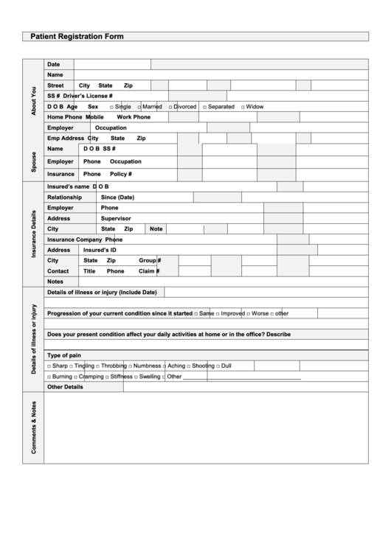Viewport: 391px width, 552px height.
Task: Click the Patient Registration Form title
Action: click(x=77, y=36)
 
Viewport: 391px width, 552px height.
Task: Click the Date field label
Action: click(x=54, y=64)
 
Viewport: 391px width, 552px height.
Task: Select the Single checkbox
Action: click(x=111, y=107)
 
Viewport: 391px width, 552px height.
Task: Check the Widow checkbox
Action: click(x=241, y=107)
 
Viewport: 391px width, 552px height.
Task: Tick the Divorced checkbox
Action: click(x=170, y=107)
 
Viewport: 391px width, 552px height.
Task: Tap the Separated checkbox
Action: click(x=204, y=107)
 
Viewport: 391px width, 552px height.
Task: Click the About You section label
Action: click(x=32, y=100)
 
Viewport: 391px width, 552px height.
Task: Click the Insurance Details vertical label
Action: click(x=32, y=234)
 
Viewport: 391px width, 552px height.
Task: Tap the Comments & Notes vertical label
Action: click(x=32, y=427)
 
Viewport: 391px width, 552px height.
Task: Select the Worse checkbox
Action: click(x=248, y=313)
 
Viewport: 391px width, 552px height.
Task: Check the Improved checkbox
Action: click(x=218, y=313)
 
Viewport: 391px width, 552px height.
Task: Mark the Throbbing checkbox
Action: click(x=97, y=366)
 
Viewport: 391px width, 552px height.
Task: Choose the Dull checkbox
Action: click(x=218, y=366)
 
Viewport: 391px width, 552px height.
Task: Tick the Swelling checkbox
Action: click(x=136, y=377)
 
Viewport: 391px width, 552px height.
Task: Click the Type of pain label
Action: click(x=64, y=355)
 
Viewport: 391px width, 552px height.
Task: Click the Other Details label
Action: click(x=65, y=387)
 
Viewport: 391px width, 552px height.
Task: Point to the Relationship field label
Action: click(x=64, y=198)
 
